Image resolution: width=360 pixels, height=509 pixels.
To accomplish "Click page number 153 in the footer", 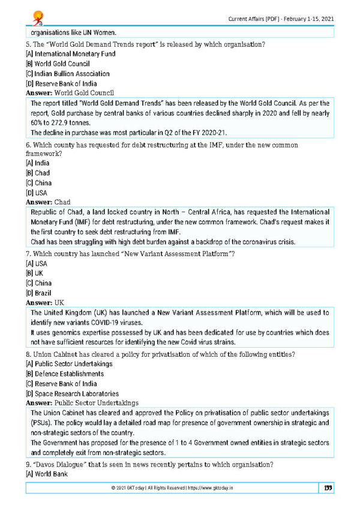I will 327,488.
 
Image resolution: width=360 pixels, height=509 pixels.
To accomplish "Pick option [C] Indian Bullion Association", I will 67,74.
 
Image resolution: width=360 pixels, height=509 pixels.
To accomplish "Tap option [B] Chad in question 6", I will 37,173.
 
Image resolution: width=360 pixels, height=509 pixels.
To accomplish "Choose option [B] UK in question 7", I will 35,273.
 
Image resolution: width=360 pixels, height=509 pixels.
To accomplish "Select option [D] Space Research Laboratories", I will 76,393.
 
